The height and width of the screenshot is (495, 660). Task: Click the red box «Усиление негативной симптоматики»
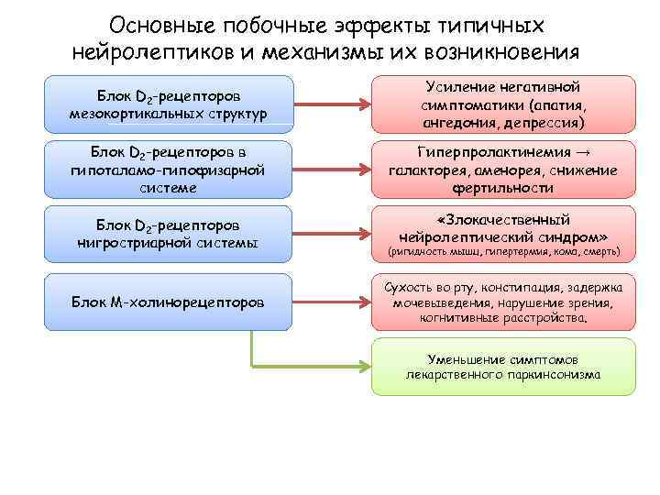(502, 104)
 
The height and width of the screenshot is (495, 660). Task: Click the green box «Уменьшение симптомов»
(502, 367)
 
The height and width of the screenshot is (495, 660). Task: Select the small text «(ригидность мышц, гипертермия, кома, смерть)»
(503, 251)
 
